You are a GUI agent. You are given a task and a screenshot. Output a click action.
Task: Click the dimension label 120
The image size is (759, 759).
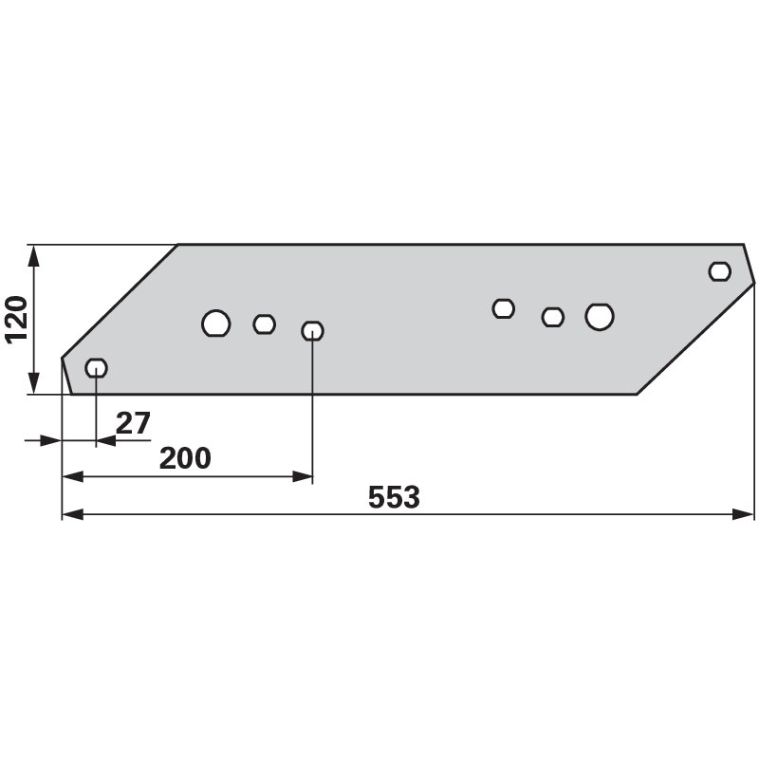[15, 320]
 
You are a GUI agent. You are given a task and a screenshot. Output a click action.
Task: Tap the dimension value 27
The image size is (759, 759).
[133, 423]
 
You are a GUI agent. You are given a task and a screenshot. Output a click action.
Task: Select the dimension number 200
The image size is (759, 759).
[185, 458]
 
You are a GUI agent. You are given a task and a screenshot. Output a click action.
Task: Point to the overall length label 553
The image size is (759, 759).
[394, 497]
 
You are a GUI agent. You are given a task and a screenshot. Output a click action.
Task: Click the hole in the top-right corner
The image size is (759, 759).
[720, 271]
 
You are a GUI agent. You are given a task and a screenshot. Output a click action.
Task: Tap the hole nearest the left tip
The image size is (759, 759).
[97, 368]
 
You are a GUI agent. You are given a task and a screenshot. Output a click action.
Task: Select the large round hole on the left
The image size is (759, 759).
[216, 324]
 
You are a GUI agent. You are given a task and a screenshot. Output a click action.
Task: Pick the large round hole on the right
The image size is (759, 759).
[600, 317]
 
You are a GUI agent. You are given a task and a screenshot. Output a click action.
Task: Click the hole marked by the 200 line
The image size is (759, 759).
[312, 330]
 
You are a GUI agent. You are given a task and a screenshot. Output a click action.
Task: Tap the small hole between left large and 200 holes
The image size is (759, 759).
[265, 324]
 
